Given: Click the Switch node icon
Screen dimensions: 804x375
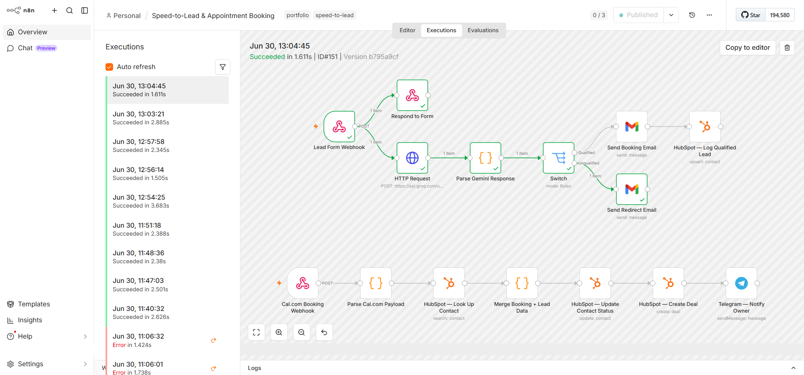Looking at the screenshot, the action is (559, 158).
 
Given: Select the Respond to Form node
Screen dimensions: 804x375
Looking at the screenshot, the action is (412, 95).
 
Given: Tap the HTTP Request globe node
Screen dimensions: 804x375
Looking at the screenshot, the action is (412, 158).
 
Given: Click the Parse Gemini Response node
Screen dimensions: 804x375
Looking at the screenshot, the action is (485, 158).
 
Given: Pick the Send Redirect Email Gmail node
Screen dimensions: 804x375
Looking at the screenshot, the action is (632, 189).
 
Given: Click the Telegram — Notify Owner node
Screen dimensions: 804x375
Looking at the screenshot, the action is (742, 283).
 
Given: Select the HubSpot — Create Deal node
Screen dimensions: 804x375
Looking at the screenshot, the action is (668, 283).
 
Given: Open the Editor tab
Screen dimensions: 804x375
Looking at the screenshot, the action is (407, 30).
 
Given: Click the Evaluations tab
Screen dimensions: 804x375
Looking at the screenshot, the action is (483, 30).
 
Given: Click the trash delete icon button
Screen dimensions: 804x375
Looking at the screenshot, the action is (787, 48).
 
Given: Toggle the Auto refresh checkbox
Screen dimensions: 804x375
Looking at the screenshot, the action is (109, 67).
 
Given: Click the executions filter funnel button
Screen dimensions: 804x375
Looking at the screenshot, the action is (223, 67).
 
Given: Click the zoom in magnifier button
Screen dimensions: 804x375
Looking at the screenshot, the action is (279, 332).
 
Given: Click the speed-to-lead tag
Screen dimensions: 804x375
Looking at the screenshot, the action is (335, 15).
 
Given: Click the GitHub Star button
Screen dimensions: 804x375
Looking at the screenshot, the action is (751, 15).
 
